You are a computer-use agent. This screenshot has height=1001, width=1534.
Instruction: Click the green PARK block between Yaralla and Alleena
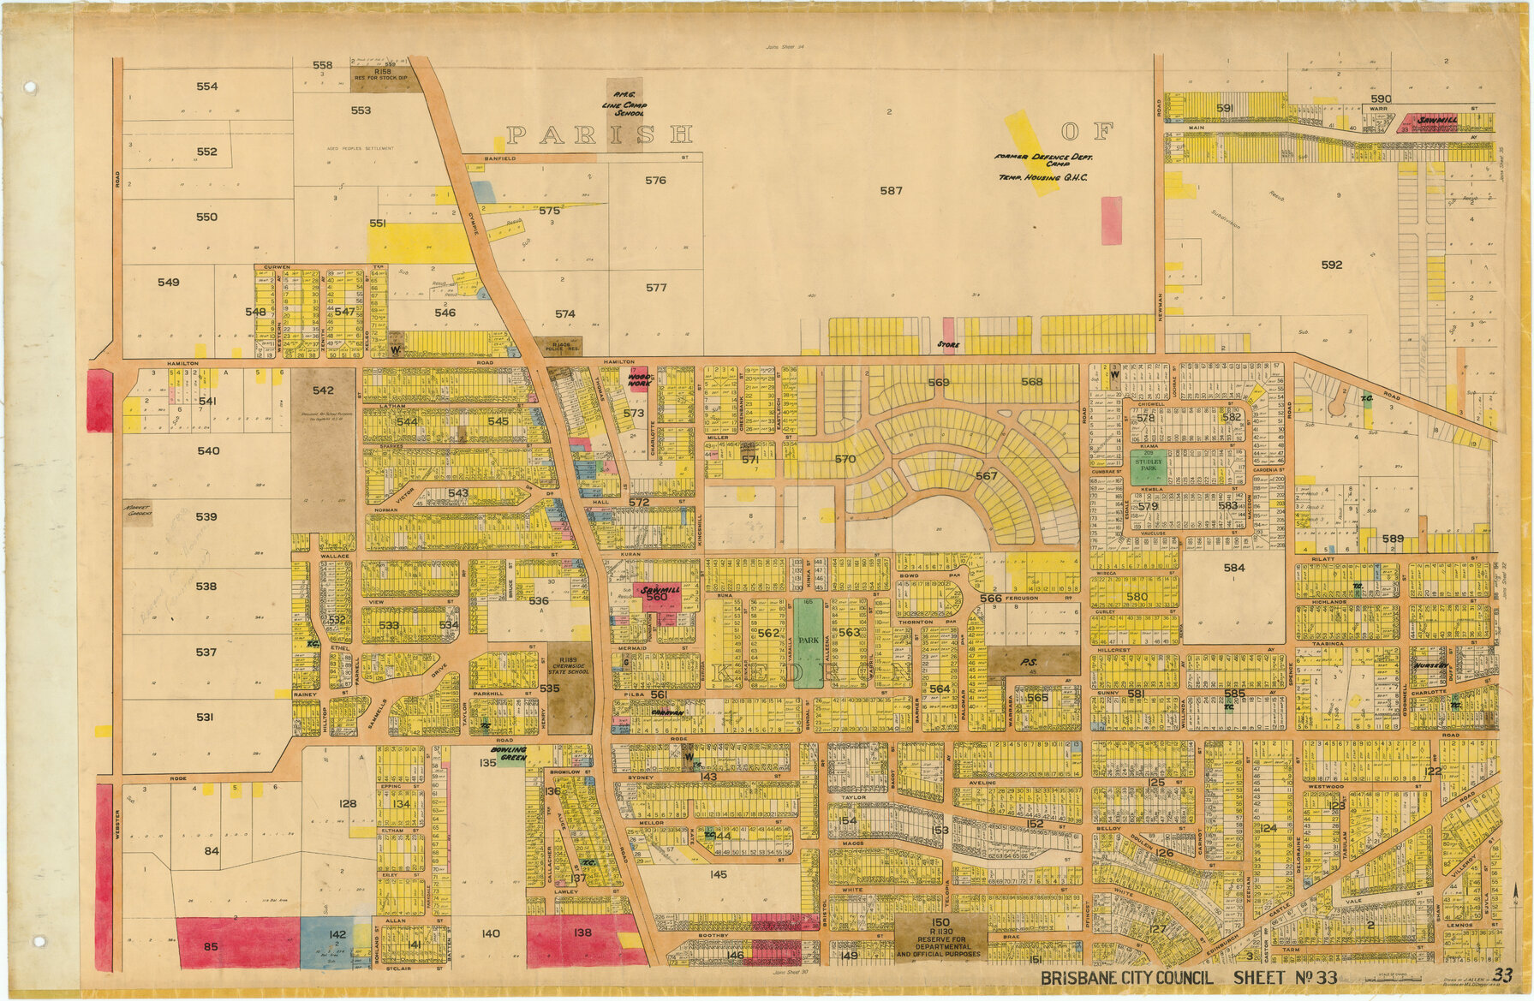[807, 642]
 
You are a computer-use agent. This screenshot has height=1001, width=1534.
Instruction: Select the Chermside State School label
[569, 666]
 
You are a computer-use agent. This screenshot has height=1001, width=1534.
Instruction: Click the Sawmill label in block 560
[660, 591]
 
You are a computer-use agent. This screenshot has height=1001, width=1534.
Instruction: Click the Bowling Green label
[511, 754]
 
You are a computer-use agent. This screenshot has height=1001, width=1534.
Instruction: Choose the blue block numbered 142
[337, 940]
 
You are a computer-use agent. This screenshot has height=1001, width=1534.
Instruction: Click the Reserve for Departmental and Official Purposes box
[940, 937]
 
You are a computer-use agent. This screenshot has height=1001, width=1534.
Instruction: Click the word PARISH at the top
[599, 134]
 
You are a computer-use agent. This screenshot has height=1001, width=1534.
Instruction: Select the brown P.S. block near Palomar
[1029, 662]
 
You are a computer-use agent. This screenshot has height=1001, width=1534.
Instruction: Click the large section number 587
[891, 190]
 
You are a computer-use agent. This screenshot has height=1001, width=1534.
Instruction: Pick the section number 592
[1331, 265]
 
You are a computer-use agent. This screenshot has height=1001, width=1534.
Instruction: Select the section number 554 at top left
[206, 86]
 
